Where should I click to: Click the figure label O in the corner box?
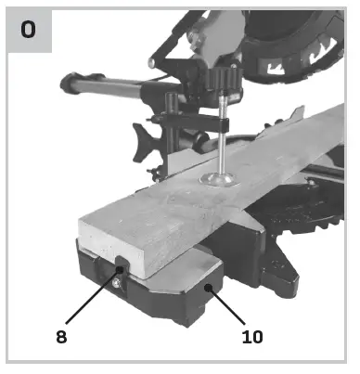(x=30, y=30)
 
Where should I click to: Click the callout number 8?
(x=61, y=336)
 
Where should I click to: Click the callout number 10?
(x=252, y=336)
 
